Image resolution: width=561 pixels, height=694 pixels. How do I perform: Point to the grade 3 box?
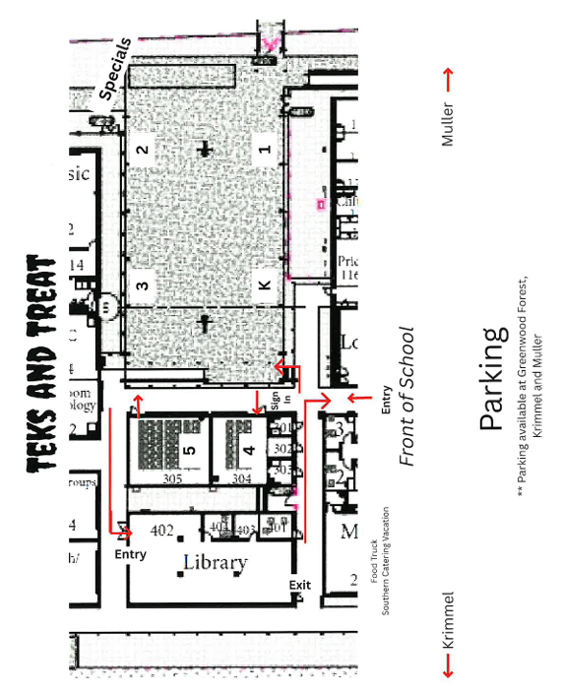point(143,287)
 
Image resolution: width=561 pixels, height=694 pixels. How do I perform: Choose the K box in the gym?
point(263,285)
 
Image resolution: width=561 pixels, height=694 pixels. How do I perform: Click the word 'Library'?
point(215,563)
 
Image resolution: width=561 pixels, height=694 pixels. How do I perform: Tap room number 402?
point(161,531)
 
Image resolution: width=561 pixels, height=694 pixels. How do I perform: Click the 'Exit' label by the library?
point(299,586)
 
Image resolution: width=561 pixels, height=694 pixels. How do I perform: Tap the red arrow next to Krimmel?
point(448,667)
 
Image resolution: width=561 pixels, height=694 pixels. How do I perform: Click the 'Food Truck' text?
point(375,562)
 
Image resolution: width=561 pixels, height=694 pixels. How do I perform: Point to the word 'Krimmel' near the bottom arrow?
point(448,619)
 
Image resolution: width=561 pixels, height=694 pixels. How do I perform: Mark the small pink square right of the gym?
point(320,204)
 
